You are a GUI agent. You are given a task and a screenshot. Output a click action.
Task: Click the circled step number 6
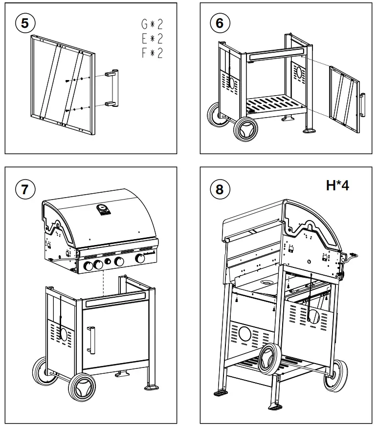(x=220, y=23)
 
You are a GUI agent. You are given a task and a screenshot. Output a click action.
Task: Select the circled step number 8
(x=220, y=189)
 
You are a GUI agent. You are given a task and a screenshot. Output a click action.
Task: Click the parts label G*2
(x=152, y=24)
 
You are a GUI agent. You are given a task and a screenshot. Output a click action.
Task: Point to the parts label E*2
(x=152, y=39)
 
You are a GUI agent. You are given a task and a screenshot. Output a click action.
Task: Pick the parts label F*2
(x=152, y=53)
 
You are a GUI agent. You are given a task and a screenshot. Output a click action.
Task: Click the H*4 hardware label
(x=337, y=185)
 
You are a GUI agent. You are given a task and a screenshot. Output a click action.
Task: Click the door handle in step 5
(x=114, y=88)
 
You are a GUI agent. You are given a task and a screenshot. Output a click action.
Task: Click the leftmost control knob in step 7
(x=88, y=265)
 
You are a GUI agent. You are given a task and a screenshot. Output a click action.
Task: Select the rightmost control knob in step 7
(x=140, y=259)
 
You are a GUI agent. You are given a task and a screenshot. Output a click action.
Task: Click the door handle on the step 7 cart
(x=92, y=340)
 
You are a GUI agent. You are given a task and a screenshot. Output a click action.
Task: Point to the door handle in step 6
(x=362, y=104)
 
